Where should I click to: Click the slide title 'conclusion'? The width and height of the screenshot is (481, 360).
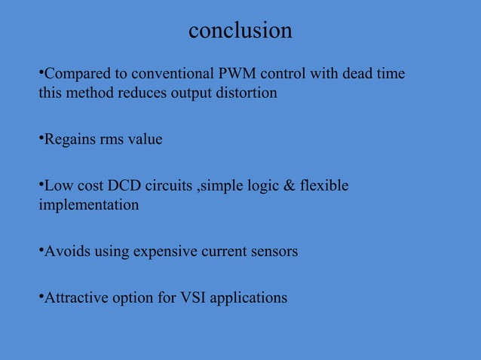(240, 30)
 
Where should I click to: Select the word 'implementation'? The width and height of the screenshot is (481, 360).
(88, 204)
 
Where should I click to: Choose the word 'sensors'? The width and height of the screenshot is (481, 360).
(274, 251)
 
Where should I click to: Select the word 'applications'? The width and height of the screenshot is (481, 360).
(249, 297)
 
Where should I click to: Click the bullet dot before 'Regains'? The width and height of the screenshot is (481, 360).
(41, 136)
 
